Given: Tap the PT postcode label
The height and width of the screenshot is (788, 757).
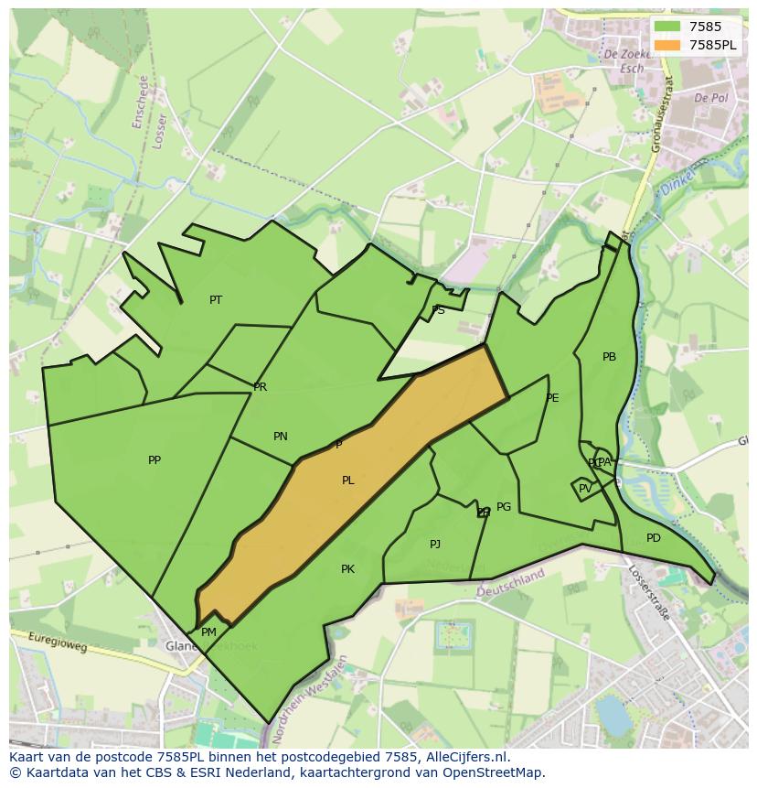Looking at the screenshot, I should click(216, 300).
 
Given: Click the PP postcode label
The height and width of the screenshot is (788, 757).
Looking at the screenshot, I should click(155, 460).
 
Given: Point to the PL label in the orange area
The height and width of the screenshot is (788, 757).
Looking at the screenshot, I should click(348, 480).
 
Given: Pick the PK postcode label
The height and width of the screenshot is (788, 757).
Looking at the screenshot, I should click(347, 569).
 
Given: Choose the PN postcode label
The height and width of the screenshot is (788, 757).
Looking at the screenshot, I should click(281, 437).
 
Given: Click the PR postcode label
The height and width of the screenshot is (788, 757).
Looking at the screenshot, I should click(261, 387).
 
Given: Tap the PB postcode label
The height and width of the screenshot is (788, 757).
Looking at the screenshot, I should click(609, 357).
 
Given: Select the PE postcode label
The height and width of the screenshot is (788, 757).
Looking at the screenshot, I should click(552, 398).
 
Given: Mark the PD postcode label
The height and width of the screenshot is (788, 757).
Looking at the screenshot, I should click(653, 538).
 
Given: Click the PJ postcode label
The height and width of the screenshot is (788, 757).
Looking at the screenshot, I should click(435, 545).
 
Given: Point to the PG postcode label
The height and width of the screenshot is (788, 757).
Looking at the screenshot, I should click(504, 507).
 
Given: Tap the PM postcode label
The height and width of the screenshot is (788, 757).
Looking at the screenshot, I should click(208, 632).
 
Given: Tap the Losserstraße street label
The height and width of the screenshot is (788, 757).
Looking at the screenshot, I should click(649, 592).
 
